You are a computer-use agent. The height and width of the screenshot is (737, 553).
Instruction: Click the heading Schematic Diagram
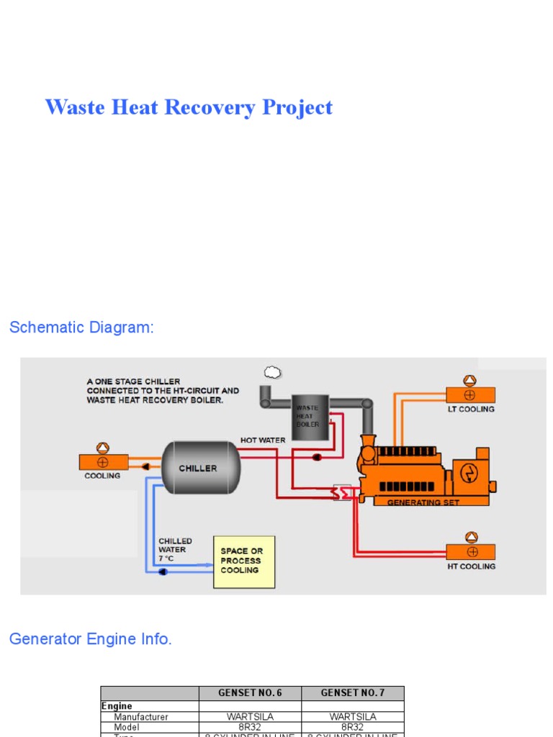(x=81, y=327)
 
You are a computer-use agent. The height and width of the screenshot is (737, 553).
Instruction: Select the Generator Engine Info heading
(x=90, y=639)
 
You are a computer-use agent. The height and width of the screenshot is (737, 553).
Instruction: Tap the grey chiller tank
(x=199, y=468)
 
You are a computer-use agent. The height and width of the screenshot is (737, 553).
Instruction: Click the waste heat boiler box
(x=310, y=415)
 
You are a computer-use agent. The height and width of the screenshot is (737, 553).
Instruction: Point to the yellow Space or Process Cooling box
(x=244, y=561)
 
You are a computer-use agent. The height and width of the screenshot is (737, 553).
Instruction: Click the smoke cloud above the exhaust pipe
(x=272, y=372)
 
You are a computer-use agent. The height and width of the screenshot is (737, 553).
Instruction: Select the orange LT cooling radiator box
(x=470, y=395)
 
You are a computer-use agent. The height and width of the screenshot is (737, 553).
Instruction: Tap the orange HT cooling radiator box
(x=470, y=552)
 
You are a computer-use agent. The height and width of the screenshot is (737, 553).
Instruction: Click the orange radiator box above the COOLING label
(x=104, y=462)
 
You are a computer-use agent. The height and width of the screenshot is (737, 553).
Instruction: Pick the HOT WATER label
(x=263, y=440)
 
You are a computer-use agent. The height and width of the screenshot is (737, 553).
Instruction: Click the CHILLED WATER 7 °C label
(x=175, y=549)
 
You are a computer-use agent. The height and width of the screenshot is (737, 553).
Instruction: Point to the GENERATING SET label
(x=423, y=502)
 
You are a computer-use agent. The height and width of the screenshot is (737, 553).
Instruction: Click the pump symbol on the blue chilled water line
(x=163, y=572)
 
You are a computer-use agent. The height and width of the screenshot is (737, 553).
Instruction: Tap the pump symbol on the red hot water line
(x=317, y=457)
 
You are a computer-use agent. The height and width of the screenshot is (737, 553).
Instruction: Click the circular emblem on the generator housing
(x=469, y=472)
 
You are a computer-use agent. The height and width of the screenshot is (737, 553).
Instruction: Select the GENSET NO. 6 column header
(x=250, y=693)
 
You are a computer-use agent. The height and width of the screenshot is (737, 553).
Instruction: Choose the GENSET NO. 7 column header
(x=352, y=693)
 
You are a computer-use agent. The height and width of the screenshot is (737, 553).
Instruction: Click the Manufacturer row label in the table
(x=141, y=717)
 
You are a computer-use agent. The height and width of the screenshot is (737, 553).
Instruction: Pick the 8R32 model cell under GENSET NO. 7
(x=352, y=727)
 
